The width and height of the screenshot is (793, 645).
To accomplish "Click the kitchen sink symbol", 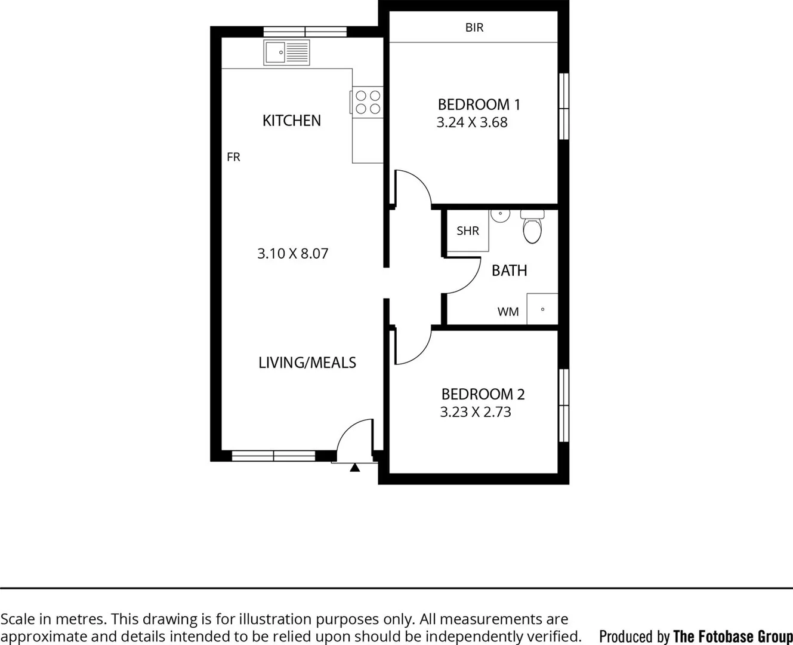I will pos(286,53).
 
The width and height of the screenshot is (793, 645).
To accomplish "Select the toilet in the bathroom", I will pos(532,227).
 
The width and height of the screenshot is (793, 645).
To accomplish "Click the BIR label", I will pos(474,27).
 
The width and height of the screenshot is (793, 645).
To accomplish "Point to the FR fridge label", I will pos(233,157).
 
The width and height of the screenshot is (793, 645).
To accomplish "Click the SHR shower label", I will pos(467,231).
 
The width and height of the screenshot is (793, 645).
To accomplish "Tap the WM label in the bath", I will pos(508,312).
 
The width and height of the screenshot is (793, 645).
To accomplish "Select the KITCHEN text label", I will pos(291,121).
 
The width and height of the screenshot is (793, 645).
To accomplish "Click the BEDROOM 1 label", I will pos(479,105).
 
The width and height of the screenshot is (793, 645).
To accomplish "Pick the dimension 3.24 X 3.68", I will pos(471,122).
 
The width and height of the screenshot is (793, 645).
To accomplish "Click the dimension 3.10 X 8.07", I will pos(292,253).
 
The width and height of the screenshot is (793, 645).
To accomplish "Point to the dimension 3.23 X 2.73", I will pos(475,412).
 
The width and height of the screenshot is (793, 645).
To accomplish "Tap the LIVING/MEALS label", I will pos(307,363).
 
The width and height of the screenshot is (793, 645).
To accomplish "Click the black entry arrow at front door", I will pos(354,468).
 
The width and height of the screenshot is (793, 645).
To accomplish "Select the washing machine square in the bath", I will pos(542,309).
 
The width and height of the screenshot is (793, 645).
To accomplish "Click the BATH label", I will pos(509,271).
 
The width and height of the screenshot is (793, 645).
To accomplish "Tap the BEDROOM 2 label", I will pos(482,394).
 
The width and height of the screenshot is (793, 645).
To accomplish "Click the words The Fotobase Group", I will pos(732,636).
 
